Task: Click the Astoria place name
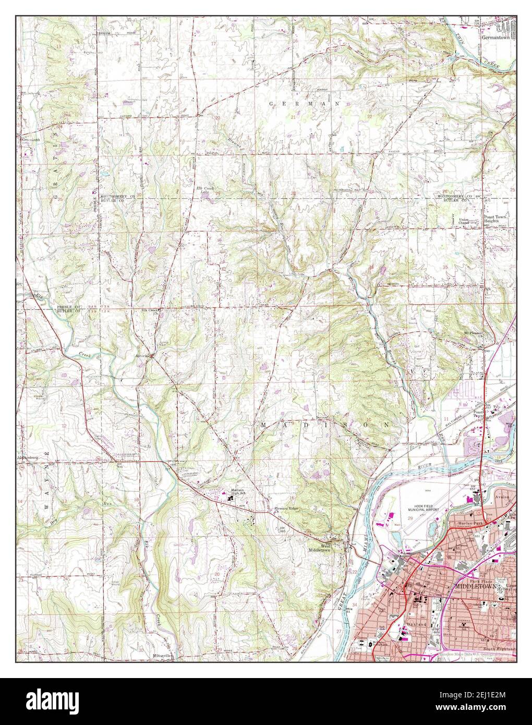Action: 142,356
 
